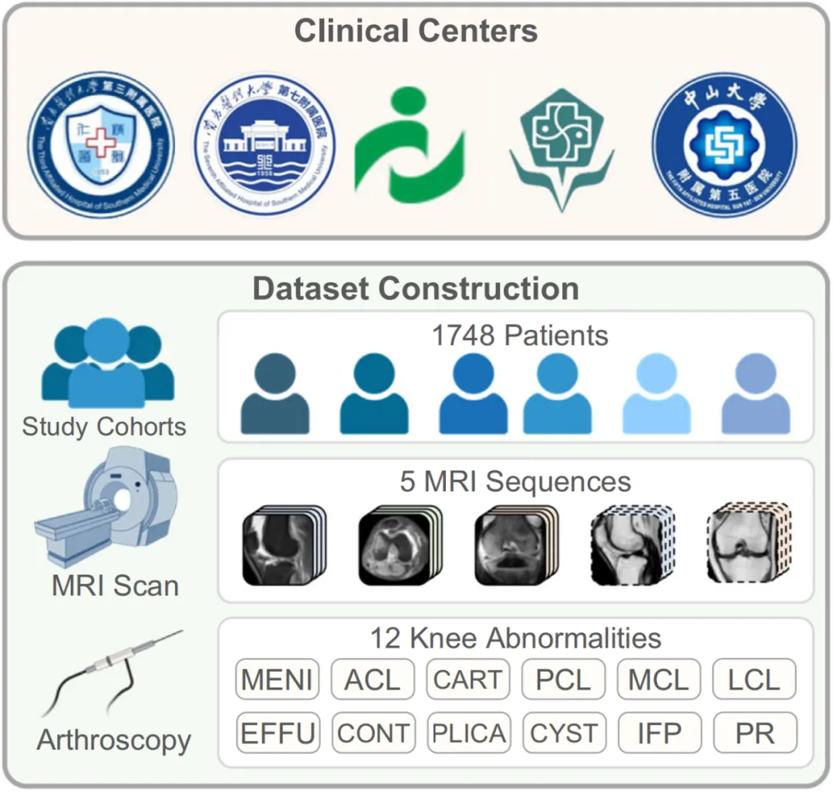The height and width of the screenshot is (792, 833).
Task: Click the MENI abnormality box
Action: [x=277, y=680]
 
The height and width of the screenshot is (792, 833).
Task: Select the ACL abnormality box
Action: [x=373, y=680]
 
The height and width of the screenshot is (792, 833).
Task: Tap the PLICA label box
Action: [x=468, y=733]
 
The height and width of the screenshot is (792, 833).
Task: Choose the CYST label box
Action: [x=564, y=733]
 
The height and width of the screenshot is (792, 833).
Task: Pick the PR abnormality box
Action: [x=754, y=733]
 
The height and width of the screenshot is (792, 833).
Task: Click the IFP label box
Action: [x=659, y=733]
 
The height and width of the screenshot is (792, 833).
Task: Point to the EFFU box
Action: [x=277, y=733]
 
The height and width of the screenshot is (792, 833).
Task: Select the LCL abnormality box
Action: [x=754, y=680]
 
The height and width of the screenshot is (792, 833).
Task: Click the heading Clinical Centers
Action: [x=416, y=32]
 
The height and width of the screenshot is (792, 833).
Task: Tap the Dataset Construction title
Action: [x=416, y=288]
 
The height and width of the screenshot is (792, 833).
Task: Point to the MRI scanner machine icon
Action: [x=108, y=509]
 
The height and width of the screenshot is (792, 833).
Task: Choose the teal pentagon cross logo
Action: [x=562, y=147]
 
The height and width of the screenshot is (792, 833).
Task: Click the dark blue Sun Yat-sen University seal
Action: [x=724, y=144]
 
